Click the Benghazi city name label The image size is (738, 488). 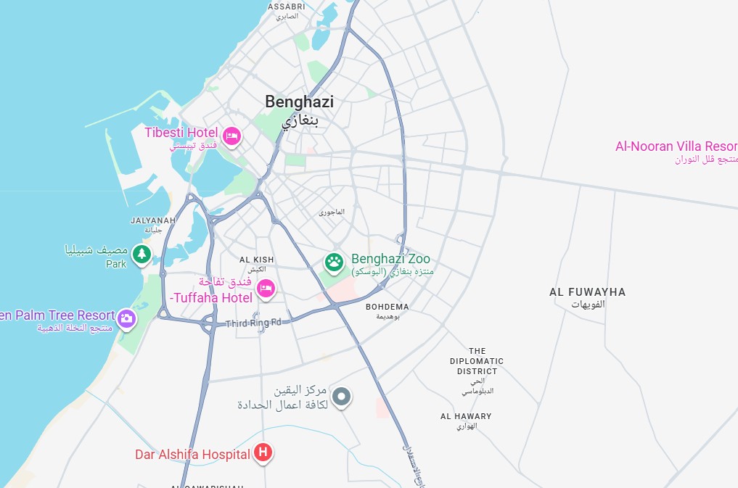pos(299,102)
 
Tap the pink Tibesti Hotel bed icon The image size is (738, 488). pos(231,135)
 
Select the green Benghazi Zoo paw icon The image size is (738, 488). pos(334,262)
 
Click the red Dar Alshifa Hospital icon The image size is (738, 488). pos(263,453)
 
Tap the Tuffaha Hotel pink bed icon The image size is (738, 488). pos(266,289)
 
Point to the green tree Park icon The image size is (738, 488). pos(142,254)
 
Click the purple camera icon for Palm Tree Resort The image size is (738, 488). pos(126,318)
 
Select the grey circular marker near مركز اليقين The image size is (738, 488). pos(342,397)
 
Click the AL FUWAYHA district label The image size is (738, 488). pos(587,292)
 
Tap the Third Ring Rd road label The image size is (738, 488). pos(253,323)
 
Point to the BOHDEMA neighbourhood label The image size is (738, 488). pos(387,307)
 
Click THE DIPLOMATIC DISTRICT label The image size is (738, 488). pos(476,361)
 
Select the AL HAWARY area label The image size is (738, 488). pos(466,416)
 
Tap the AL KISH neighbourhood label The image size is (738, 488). pos(257,260)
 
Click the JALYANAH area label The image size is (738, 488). pos(152,220)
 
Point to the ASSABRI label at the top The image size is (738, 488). pos(286,7)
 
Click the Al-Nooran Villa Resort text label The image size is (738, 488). pos(676,146)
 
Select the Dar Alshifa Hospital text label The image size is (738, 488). pos(192,455)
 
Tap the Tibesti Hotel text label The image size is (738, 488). pos(181,132)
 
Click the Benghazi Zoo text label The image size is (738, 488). pos(390,259)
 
